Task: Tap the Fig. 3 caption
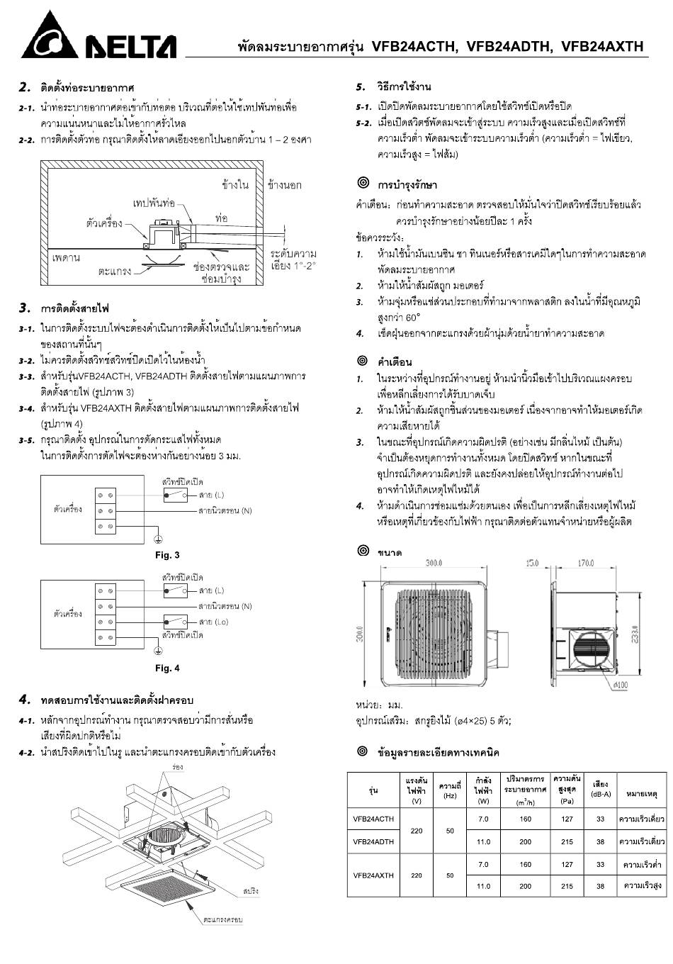(167, 555)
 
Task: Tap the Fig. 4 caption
(167, 668)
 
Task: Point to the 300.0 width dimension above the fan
(434, 563)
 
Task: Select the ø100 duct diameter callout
(620, 685)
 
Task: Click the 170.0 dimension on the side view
(585, 564)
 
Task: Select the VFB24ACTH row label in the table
(373, 819)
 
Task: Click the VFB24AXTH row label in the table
(373, 875)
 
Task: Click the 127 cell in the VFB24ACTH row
(567, 819)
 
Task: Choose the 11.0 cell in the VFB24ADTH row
(483, 842)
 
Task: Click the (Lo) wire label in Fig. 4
(213, 622)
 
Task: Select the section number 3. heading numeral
(25, 308)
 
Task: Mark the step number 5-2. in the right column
(363, 123)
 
